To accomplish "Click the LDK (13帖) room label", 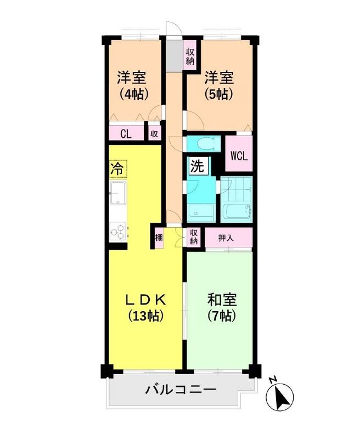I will tap(146, 307).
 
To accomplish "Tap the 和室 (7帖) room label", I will tap(222, 307).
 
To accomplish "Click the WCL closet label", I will tap(239, 155).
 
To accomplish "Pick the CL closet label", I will tap(125, 133).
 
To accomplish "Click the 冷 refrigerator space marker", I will tap(116, 168).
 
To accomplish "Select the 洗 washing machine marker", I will tap(197, 166).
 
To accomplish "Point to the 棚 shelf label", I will tap(158, 238).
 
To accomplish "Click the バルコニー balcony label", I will tap(181, 391).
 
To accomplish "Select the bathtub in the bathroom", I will tap(237, 210).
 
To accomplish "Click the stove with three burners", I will tap(117, 231).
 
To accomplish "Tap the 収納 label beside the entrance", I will tap(190, 56).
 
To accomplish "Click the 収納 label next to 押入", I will tap(194, 238).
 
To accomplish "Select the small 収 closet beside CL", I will tap(154, 133).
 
